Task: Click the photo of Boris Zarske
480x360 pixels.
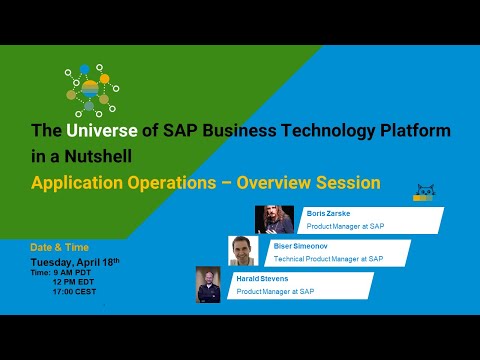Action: coord(275,219)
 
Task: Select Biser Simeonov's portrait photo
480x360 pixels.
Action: coord(243,251)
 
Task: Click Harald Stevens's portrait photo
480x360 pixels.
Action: coord(208,284)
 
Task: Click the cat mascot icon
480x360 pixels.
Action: coord(425,192)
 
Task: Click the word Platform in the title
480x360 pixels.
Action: coord(410,132)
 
